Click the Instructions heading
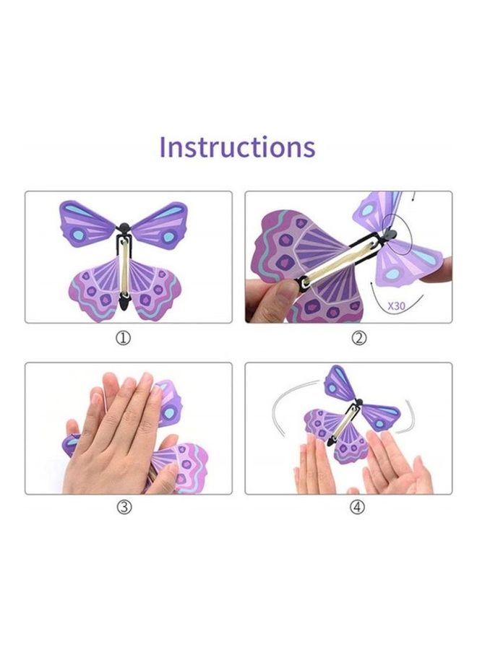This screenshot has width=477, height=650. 237,146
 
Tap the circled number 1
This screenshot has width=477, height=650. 124,338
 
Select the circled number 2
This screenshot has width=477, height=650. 359,338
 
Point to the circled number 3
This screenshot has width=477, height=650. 124,508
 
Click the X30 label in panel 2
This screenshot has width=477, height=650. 397,305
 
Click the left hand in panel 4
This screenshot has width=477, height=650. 314,466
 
